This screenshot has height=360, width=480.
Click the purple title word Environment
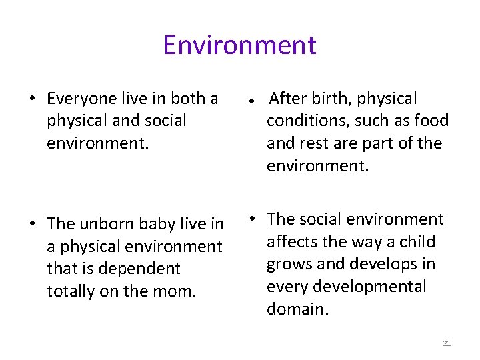click(239, 45)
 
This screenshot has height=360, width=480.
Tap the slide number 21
click(447, 343)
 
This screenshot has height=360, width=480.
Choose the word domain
click(297, 309)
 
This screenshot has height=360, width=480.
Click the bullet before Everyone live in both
click(32, 100)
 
